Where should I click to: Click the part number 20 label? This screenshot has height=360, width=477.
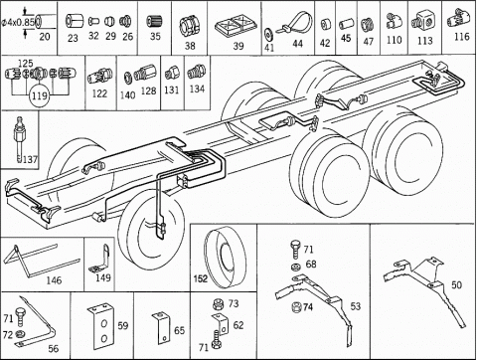click(45, 36)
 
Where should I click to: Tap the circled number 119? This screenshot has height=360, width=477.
click(40, 96)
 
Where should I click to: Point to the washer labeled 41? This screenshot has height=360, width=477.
click(268, 33)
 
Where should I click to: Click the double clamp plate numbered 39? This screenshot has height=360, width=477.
click(236, 25)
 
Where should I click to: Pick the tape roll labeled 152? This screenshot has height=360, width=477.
click(225, 258)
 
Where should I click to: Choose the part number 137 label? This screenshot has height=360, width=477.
click(30, 159)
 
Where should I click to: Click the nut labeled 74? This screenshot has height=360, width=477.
click(296, 307)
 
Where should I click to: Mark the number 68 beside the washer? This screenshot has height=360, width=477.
click(311, 265)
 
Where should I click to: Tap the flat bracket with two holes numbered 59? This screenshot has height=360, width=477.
click(101, 327)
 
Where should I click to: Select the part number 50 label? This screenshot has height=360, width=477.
click(456, 285)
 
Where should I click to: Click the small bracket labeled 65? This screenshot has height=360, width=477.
click(162, 327)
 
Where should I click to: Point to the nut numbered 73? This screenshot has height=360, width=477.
click(218, 303)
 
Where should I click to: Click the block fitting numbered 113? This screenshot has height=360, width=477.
click(422, 21)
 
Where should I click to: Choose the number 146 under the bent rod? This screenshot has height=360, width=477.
click(54, 280)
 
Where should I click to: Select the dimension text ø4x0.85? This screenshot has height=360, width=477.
click(18, 23)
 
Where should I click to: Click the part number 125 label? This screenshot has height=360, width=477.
click(25, 63)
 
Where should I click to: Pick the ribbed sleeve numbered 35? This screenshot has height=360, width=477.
click(154, 22)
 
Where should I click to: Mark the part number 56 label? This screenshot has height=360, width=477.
click(53, 348)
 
